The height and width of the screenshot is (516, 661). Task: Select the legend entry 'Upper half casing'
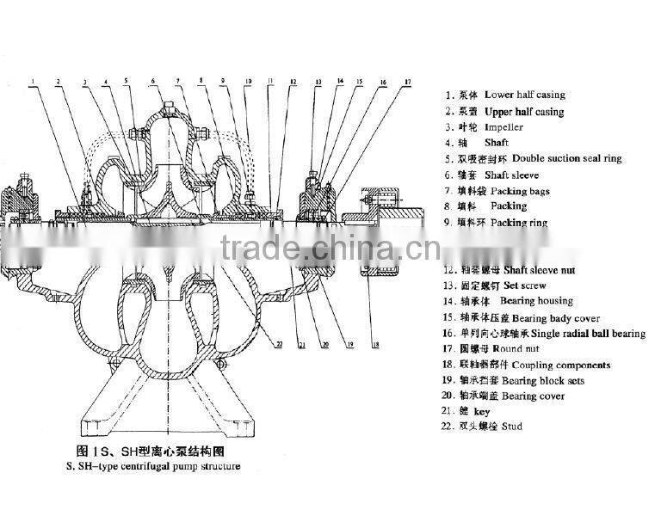(523, 112)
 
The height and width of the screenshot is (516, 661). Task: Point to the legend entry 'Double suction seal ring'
(566, 158)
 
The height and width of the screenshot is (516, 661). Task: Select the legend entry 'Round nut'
(522, 348)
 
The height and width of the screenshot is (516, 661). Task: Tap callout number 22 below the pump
(278, 344)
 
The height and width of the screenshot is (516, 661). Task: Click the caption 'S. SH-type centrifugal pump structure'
(153, 467)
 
